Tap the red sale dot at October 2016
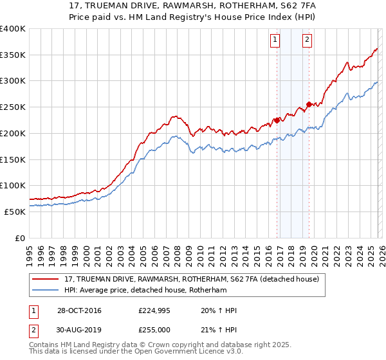click(277, 120)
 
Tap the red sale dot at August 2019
click(309, 104)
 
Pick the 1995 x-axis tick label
click(30, 251)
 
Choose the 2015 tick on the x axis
click(256, 251)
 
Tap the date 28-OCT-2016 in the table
click(78, 310)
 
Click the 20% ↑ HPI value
click(219, 310)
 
